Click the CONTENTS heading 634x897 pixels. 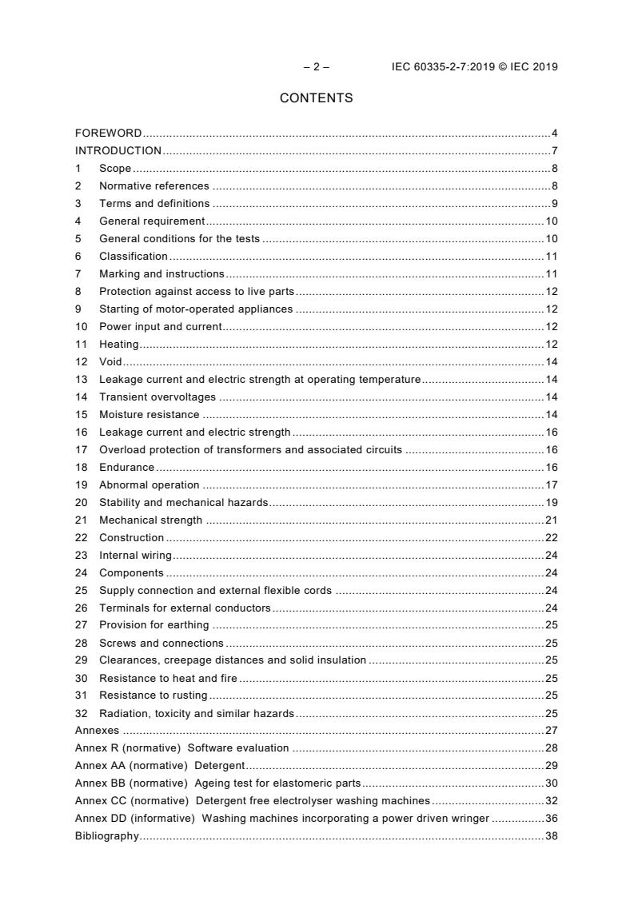click(x=316, y=98)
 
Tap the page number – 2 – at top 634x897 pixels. click(x=316, y=67)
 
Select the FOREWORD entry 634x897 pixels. click(x=108, y=134)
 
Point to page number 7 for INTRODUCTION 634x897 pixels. click(x=554, y=151)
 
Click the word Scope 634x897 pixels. click(x=115, y=169)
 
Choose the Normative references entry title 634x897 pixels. click(x=154, y=186)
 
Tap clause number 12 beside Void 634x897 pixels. click(x=81, y=362)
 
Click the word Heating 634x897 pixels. click(x=118, y=345)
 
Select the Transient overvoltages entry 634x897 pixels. click(x=158, y=397)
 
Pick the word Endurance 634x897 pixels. click(x=126, y=468)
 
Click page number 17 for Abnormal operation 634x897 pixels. click(x=551, y=485)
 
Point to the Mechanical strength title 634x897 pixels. click(x=150, y=520)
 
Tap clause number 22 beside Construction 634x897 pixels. click(x=81, y=538)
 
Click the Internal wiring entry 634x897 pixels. click(x=135, y=556)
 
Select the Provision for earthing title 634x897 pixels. click(x=154, y=625)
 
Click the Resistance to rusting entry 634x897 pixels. click(x=153, y=696)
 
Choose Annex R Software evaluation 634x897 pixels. click(x=181, y=748)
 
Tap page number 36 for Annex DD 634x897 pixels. click(x=551, y=819)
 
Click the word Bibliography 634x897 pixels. click(x=106, y=836)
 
